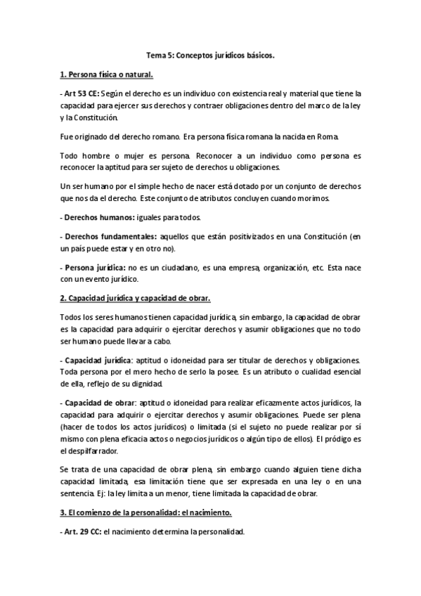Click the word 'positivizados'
(x=245, y=237)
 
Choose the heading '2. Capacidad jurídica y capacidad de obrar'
(x=131, y=299)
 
